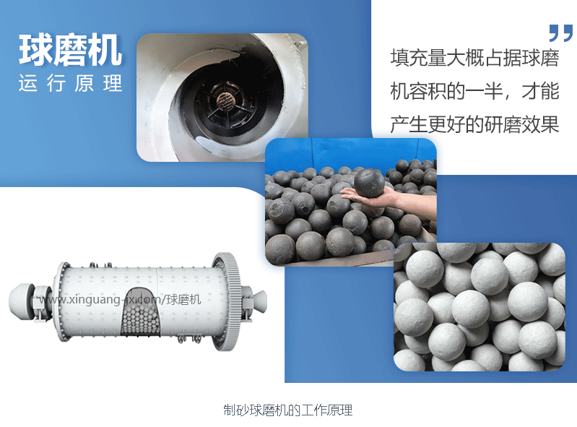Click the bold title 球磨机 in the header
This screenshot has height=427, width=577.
pos(70,50)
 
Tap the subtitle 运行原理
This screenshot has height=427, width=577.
pos(70,83)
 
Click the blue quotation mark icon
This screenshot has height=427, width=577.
pos(561,33)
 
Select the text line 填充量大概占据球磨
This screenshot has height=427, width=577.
pos(474,58)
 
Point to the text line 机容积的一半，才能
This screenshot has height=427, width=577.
pos(474,91)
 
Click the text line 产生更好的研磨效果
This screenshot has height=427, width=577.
pos(474,124)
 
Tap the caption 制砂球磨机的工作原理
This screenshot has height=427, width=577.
pos(287,410)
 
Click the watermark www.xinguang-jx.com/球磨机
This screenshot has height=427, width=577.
pos(120,300)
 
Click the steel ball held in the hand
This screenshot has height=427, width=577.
pos(369,183)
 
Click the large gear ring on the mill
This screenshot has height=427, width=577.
pos(228,301)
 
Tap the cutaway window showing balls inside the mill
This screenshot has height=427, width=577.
pos(141,311)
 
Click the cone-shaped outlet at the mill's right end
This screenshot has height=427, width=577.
pos(260,301)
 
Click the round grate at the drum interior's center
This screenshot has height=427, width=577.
pos(225,101)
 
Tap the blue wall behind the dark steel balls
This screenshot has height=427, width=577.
pos(350,151)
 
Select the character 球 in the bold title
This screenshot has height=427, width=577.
pos(35,50)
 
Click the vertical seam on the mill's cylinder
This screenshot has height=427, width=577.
pos(157,280)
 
